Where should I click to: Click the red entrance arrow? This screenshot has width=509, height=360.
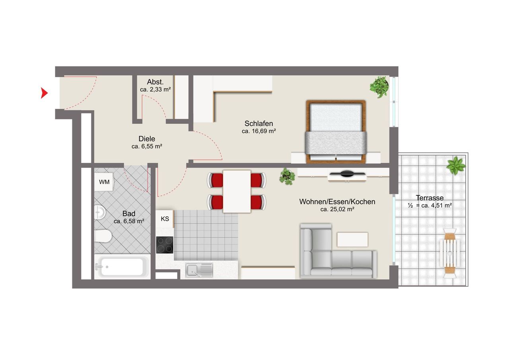pos(44,93)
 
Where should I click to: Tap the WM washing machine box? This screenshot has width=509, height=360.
pos(104,182)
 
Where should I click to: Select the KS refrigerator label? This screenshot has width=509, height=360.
pos(165,219)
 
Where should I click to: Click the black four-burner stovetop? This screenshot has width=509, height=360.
pos(165,245)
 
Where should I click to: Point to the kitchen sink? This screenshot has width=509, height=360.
pos(199,270)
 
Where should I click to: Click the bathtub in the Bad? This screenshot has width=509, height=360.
pos(122,267)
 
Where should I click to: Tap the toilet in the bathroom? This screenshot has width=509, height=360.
pos(103,236)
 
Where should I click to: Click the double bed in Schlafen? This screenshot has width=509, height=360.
pos(336,132)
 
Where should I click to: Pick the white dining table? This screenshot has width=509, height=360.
pos(237,191)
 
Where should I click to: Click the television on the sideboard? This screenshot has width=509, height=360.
pos(347,174)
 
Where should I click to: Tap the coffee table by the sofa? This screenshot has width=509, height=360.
pos(352,239)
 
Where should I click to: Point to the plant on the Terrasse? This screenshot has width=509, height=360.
pos(456,165)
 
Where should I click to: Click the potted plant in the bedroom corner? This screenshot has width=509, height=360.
pos(379,87)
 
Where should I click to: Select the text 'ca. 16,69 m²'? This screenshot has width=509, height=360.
pos(259,131)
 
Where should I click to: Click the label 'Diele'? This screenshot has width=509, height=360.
pos(147,139)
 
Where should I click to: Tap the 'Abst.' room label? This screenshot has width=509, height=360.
pos(155,82)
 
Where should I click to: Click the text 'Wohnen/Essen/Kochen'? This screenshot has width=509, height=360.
pos(337,202)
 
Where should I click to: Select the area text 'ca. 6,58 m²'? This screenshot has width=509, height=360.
pos(129,221)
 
